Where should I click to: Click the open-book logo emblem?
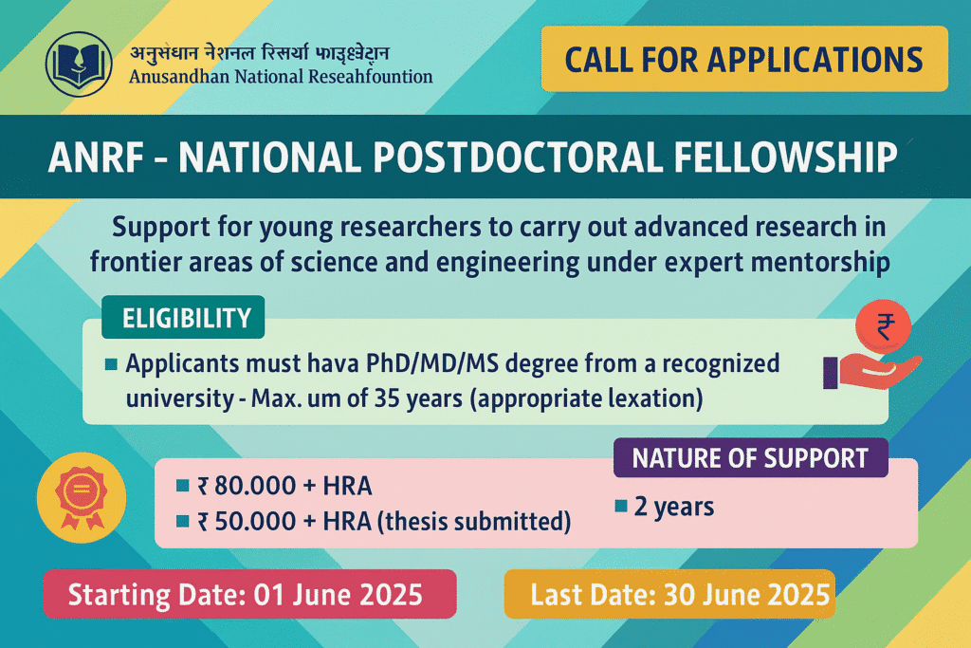click(79, 65)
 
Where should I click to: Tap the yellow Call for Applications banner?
click(744, 59)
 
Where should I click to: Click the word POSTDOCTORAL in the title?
click(518, 157)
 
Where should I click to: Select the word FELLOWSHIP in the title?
click(785, 157)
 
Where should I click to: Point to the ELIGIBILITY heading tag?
click(183, 317)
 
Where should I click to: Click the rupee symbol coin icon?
click(884, 326)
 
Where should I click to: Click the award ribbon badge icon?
click(82, 497)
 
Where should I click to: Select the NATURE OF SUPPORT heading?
click(751, 458)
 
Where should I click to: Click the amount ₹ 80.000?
click(247, 486)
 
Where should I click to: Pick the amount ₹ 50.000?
click(247, 521)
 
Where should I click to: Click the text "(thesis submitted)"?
click(474, 522)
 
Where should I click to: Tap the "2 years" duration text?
click(674, 507)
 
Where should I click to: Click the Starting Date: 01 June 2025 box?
click(249, 594)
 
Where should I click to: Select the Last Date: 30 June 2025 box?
click(670, 594)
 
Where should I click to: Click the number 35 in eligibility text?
click(387, 398)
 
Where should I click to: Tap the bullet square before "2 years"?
click(621, 506)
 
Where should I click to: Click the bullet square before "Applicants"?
click(112, 363)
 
